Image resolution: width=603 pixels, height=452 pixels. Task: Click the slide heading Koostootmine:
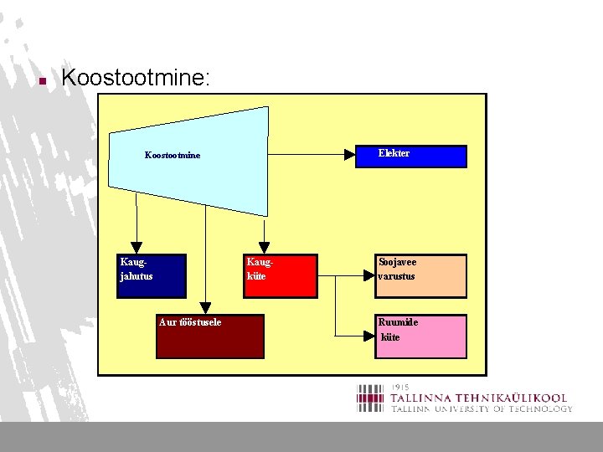pos(137,79)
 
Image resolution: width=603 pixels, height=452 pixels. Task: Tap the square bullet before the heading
pos(41,81)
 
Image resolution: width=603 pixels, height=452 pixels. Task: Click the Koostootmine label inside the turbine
pos(173,155)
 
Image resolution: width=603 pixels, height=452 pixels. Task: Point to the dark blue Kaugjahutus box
pos(151,275)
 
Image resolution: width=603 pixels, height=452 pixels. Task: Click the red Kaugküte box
pos(281,275)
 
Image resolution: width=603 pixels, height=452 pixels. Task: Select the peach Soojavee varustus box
pos(420,275)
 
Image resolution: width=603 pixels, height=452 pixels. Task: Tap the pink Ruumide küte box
pos(420,336)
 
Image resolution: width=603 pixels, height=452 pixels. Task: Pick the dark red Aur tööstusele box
pos(209,336)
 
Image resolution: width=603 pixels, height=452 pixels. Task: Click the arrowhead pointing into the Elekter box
pos(349,154)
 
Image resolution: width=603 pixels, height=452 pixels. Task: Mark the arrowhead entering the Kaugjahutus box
pos(137,249)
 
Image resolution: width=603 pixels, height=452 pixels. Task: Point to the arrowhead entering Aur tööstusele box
pos(206,309)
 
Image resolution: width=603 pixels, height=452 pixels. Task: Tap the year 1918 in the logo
pos(400,388)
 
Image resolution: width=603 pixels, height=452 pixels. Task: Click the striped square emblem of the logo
pos(372,398)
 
